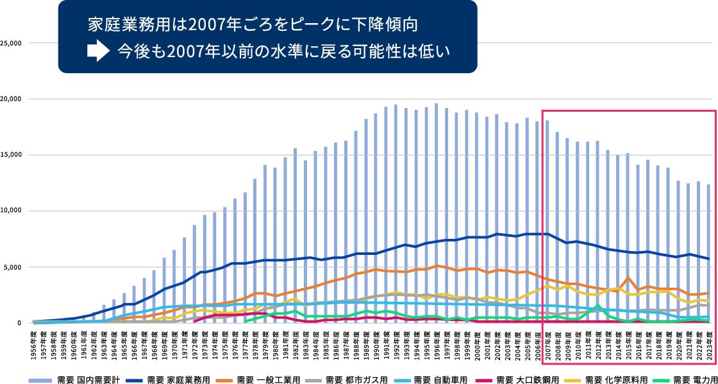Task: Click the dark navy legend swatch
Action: tap(134, 381)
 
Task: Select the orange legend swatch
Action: tap(224, 381)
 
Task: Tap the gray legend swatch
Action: tap(313, 381)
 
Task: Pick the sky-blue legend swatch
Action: tap(402, 381)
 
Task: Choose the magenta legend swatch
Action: tap(483, 381)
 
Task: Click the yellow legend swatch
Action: tap(572, 381)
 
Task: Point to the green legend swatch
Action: tap(661, 381)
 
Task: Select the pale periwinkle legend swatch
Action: tap(40, 381)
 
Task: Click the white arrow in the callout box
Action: tap(97, 51)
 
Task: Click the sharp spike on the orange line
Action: tap(629, 279)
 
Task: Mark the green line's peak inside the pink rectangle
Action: tap(598, 307)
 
